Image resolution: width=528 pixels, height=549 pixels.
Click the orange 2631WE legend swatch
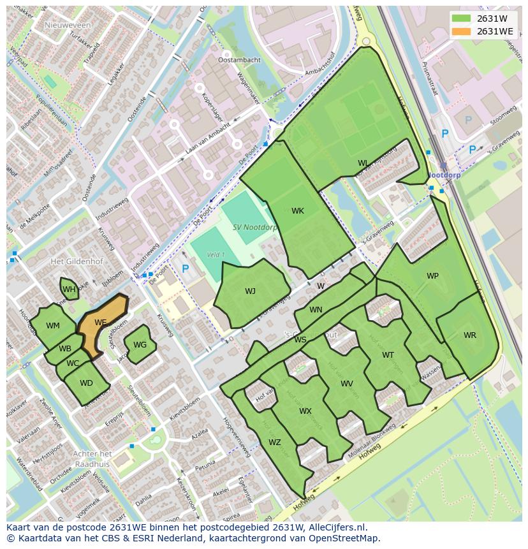point(463,31)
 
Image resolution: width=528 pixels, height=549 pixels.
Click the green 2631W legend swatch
point(463,18)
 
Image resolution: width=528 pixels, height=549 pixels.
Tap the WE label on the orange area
point(100,323)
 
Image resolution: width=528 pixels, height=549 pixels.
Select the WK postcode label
point(298,211)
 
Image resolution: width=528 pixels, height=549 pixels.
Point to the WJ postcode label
point(250,291)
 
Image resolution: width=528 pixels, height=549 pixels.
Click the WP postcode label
point(432,276)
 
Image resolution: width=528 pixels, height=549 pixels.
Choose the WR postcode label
point(469,335)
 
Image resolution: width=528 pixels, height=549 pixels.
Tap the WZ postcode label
point(274,443)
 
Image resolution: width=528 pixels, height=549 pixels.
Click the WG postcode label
point(140,345)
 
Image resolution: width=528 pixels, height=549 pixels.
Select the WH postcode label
point(69,290)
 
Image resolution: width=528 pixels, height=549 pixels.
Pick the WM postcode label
point(53,326)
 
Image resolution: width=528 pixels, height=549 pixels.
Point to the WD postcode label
point(86,383)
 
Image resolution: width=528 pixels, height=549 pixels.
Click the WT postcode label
point(388,355)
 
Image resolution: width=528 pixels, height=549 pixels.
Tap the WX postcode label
point(305,411)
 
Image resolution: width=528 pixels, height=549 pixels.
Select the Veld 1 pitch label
point(216,255)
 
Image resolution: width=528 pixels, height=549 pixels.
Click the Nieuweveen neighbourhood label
point(68,25)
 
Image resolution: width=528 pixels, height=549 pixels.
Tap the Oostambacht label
point(239,60)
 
